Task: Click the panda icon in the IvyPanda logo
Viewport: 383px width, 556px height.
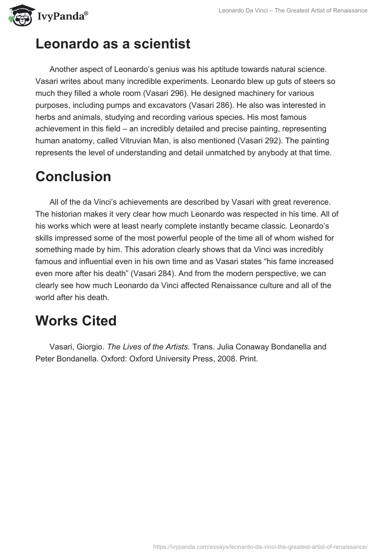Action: (x=19, y=15)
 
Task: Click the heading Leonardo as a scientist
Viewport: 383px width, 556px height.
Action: (x=113, y=44)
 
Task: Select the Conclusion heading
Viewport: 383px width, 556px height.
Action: (x=73, y=176)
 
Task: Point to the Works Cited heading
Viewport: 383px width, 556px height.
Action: (x=76, y=321)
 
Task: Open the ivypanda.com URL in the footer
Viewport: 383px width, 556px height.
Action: (x=260, y=546)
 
